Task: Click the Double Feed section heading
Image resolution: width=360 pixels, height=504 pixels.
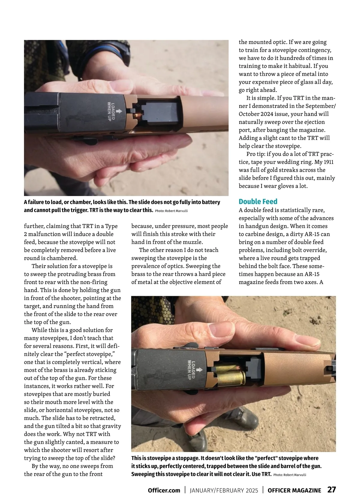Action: (258, 201)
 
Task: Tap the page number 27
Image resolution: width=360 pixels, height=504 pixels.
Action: (331, 490)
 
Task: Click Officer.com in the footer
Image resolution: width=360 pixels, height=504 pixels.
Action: (164, 490)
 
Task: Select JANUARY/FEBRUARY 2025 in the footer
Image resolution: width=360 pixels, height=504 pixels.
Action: (224, 490)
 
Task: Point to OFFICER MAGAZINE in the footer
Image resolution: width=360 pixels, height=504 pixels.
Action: (294, 490)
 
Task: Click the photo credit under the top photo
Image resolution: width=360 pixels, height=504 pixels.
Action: (171, 211)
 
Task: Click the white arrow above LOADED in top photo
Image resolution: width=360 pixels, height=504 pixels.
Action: (119, 111)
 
